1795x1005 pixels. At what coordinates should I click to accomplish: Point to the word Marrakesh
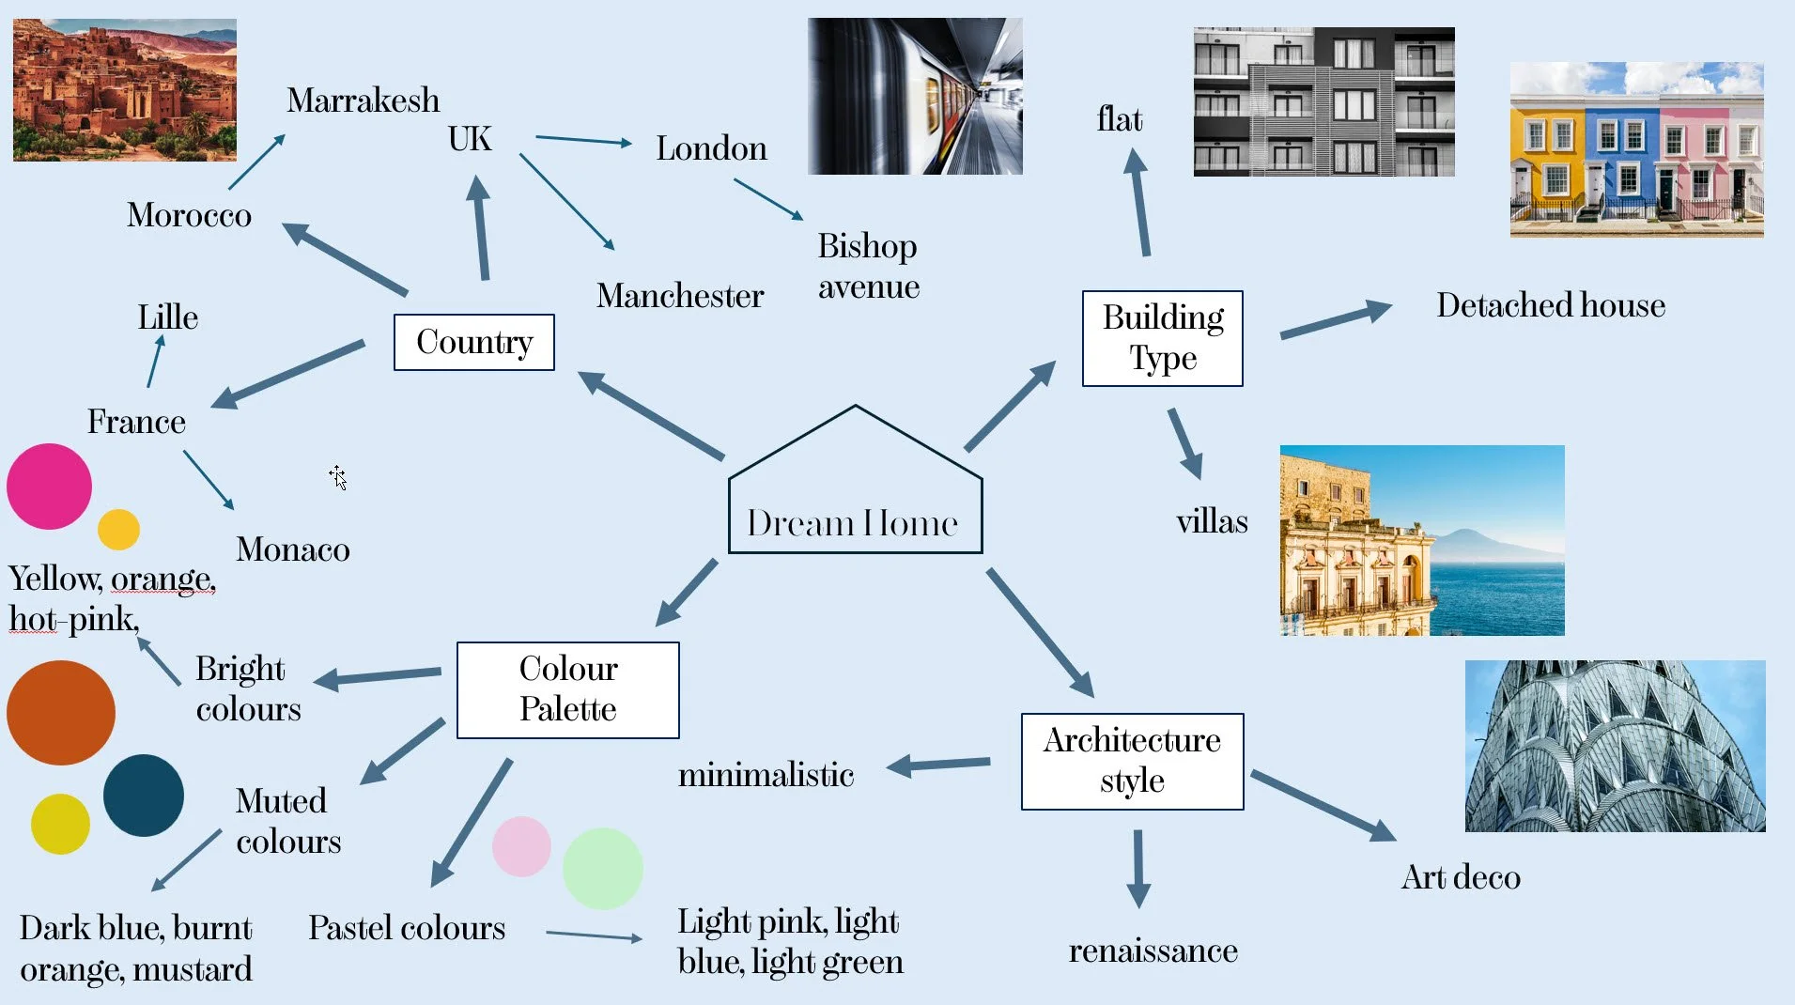(364, 100)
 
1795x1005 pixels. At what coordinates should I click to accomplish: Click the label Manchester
(680, 296)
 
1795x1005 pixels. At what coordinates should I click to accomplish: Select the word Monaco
(293, 549)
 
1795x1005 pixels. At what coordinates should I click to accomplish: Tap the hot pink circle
(49, 487)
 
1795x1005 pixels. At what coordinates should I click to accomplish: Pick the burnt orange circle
(61, 713)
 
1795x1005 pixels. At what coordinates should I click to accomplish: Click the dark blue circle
(144, 795)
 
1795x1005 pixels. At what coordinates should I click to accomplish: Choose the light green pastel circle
(603, 868)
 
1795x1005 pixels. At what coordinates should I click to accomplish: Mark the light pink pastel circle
(521, 846)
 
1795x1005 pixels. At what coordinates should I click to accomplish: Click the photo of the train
(915, 96)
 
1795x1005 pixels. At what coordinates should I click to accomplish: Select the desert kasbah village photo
(125, 90)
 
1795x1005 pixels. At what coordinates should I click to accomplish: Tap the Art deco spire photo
(1615, 746)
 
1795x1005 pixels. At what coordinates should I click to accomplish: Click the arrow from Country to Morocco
(345, 259)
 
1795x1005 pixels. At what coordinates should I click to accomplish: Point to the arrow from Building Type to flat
(1138, 202)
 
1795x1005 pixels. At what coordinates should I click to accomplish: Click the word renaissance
(1153, 951)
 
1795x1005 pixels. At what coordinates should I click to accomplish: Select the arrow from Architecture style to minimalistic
(938, 765)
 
